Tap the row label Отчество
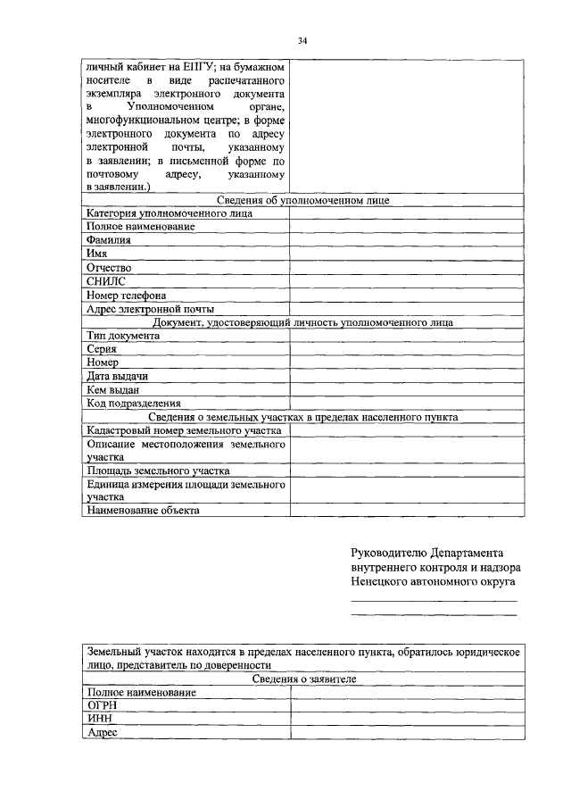(x=109, y=268)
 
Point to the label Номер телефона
(x=126, y=295)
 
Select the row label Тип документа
(x=123, y=335)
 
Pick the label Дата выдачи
(x=117, y=376)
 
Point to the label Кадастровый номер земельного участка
(x=184, y=430)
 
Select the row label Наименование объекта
(x=143, y=511)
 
